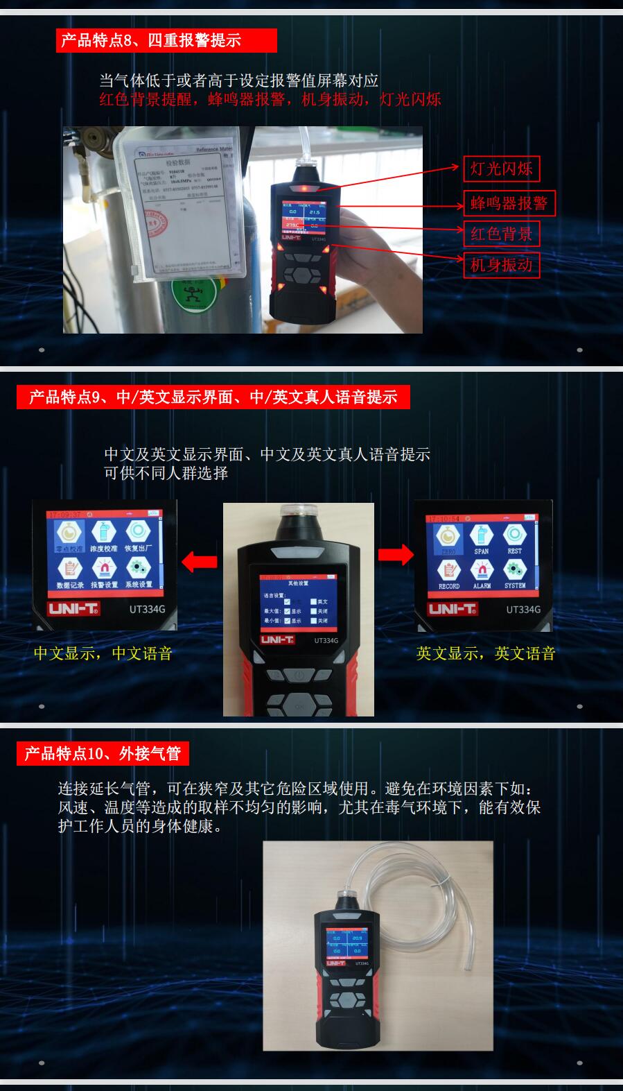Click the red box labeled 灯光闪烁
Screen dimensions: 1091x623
[x=501, y=169]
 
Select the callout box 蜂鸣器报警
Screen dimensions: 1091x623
[x=509, y=203]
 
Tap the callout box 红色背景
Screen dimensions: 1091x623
[x=501, y=234]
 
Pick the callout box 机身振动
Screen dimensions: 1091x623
[x=501, y=264]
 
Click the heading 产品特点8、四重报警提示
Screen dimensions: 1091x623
[x=166, y=40]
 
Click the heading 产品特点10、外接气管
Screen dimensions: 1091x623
[x=103, y=753]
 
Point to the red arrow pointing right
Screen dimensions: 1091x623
[x=396, y=554]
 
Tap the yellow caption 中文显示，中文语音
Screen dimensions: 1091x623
[x=103, y=653]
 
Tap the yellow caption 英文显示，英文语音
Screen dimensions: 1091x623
[x=486, y=653]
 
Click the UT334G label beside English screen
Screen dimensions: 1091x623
[x=523, y=610]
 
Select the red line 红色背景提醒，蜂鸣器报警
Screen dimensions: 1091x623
[x=270, y=99]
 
